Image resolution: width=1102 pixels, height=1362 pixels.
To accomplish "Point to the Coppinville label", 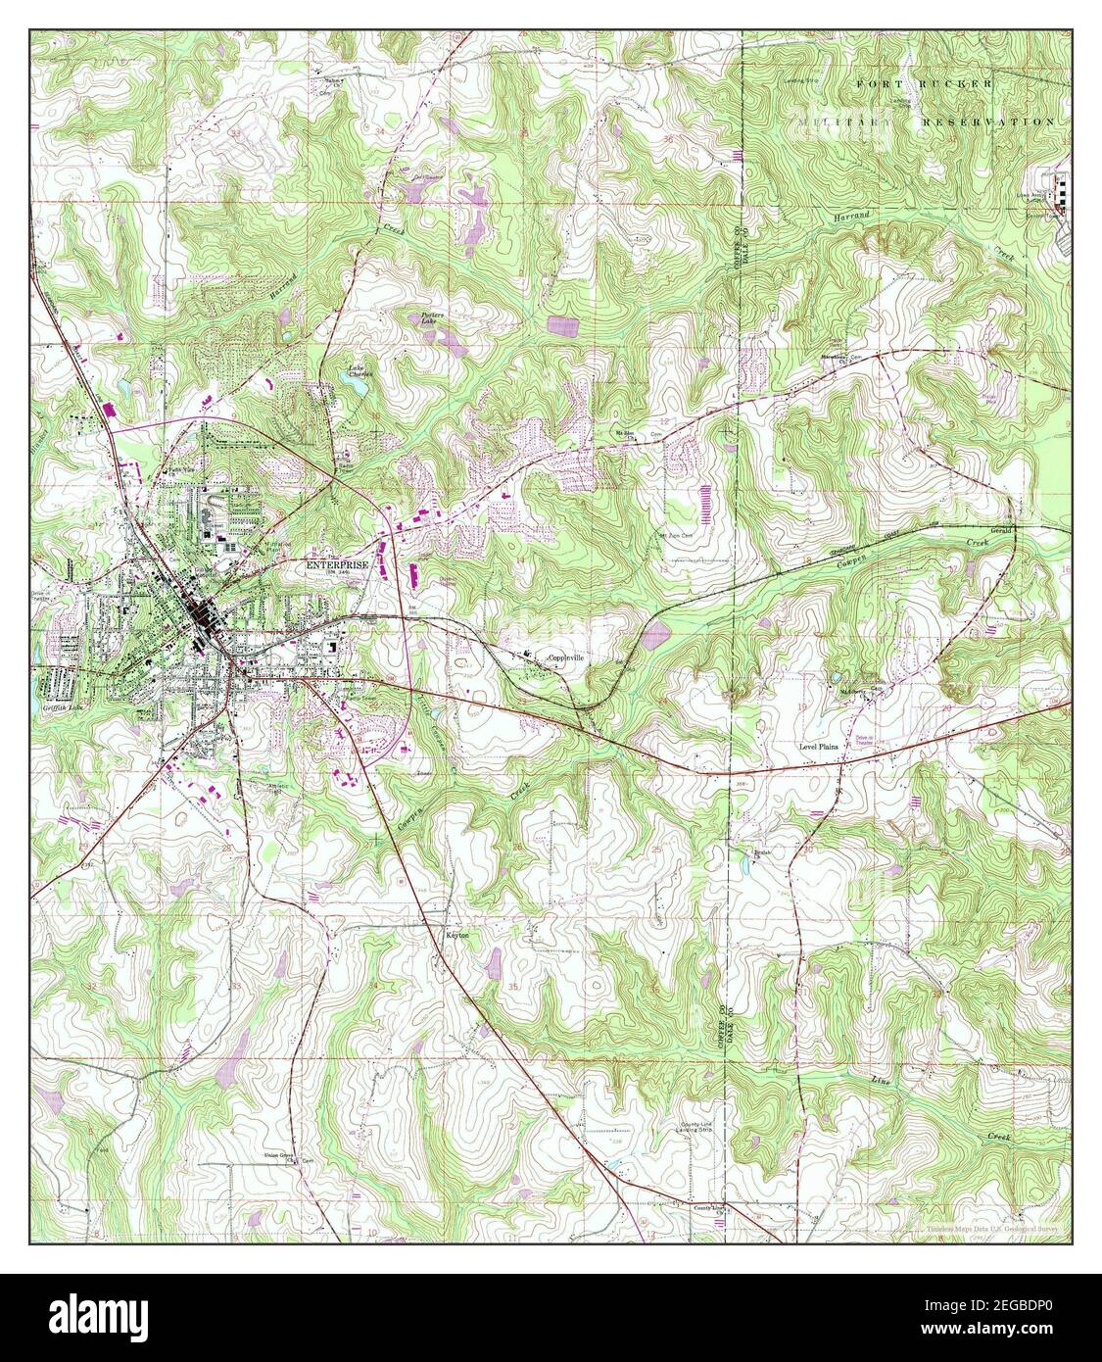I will click(x=565, y=658).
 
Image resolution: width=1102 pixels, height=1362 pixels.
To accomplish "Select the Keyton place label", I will click(x=457, y=936).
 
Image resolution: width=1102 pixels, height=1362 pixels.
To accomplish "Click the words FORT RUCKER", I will click(x=924, y=85).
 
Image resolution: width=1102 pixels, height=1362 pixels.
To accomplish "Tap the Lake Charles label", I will click(x=359, y=372).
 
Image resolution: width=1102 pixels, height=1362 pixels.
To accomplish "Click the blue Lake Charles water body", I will click(x=359, y=388).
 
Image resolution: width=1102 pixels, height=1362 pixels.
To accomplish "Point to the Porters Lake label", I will click(x=434, y=317).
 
